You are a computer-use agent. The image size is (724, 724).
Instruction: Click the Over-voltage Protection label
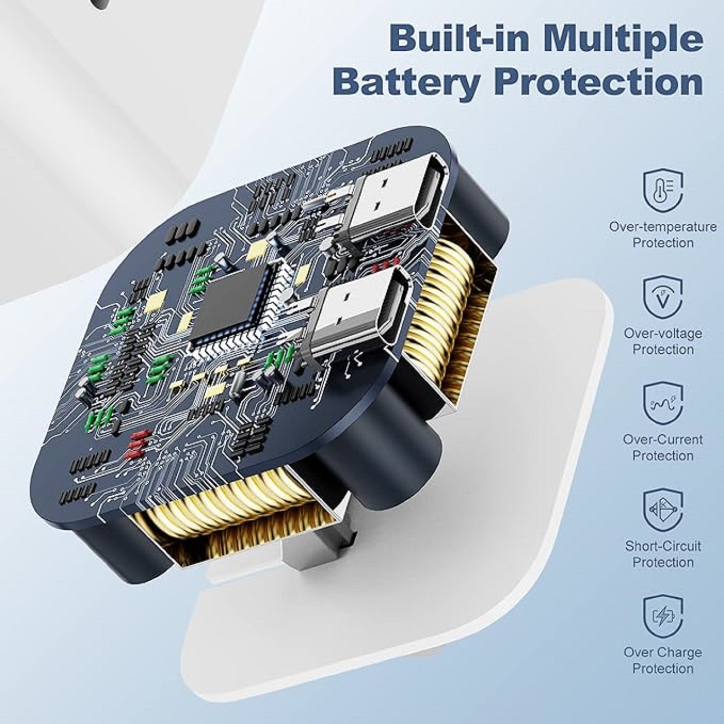(662, 341)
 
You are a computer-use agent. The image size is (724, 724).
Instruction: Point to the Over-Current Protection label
(662, 447)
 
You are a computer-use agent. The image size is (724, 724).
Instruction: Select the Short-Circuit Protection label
(662, 554)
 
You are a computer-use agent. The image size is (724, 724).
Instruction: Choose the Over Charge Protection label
(662, 660)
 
